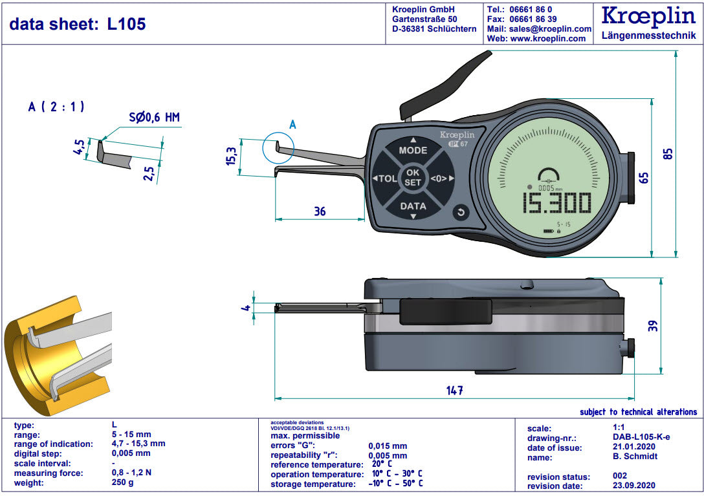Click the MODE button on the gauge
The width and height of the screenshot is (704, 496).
413,150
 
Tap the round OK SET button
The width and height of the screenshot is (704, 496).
413,178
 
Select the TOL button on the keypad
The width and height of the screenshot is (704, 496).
386,178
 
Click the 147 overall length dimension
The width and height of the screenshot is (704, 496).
455,390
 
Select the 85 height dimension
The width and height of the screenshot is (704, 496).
669,154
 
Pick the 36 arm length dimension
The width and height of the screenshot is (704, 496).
320,211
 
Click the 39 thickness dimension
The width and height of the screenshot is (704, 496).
653,326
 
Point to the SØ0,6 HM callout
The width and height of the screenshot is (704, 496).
154,118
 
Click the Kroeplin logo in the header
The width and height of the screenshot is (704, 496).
648,17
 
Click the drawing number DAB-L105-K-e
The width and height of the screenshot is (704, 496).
641,437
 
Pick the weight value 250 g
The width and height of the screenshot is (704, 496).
122,483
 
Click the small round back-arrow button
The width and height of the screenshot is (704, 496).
461,212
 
